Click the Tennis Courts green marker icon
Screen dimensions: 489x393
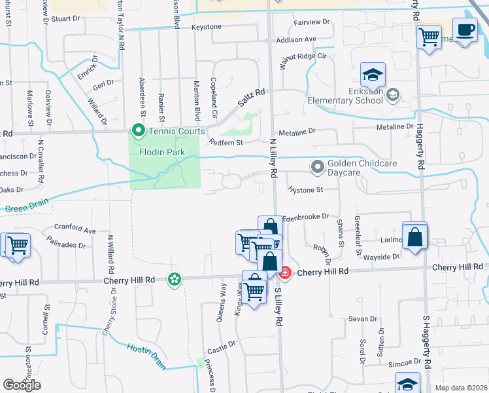[x=138, y=132]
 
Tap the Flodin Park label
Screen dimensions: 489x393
[x=162, y=153]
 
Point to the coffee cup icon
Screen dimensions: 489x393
[x=465, y=31]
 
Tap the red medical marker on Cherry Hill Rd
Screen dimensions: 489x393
[x=285, y=271]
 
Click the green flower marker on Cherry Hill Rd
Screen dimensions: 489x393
[x=174, y=280]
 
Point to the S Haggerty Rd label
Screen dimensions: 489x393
[x=427, y=341]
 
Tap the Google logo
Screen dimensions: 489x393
[x=22, y=385]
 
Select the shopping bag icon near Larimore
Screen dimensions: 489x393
[x=414, y=236]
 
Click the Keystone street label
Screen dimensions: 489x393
[x=207, y=28]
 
